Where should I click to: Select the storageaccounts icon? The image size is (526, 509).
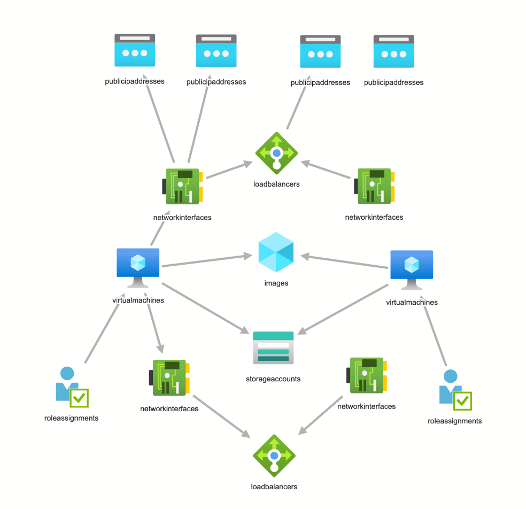click(x=273, y=348)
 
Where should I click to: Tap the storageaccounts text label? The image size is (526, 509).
click(x=273, y=379)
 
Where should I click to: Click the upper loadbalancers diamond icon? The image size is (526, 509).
click(x=276, y=153)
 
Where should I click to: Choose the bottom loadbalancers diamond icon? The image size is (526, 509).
click(x=274, y=456)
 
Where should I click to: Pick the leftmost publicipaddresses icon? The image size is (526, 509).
click(x=135, y=51)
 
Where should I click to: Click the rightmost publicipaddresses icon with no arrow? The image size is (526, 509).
click(x=393, y=52)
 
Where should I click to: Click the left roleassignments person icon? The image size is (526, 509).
click(x=69, y=385)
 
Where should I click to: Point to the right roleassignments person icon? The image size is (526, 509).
click(x=453, y=388)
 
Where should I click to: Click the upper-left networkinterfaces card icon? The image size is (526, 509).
click(x=182, y=186)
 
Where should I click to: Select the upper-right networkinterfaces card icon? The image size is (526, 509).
click(x=374, y=186)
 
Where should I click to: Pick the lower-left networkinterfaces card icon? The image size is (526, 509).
click(x=169, y=377)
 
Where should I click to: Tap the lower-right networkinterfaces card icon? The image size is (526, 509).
click(x=367, y=375)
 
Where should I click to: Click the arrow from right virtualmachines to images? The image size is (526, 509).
click(x=347, y=263)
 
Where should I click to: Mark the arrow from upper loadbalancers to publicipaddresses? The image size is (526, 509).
click(x=297, y=107)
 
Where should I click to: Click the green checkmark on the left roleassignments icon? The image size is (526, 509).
click(x=80, y=398)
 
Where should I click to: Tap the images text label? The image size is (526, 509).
click(x=276, y=283)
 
